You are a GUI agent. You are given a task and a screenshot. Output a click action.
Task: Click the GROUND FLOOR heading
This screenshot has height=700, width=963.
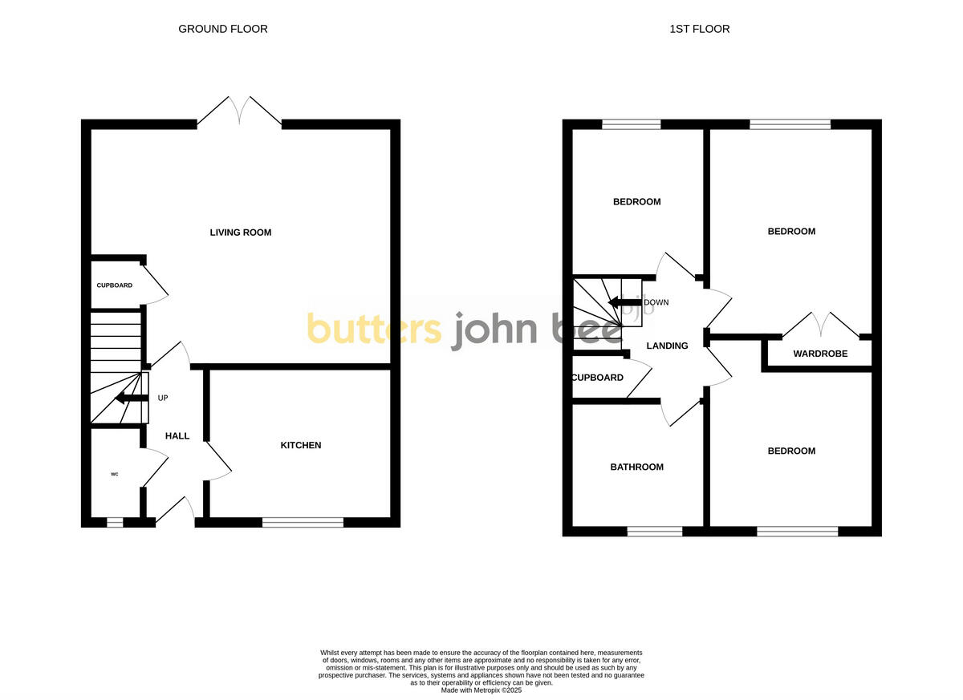(223, 29)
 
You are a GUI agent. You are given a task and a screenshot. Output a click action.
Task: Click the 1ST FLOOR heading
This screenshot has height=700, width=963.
(700, 29)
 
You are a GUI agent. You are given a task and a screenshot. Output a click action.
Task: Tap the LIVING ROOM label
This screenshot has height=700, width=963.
(241, 233)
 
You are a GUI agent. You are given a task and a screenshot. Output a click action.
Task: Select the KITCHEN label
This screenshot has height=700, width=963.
(301, 445)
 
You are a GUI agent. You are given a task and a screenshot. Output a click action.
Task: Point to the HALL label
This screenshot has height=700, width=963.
(177, 436)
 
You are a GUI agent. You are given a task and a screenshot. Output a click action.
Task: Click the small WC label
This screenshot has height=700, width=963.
(115, 475)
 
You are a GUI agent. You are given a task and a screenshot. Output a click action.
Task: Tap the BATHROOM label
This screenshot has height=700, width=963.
(637, 467)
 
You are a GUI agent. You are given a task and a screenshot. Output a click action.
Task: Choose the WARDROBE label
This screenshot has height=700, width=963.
(820, 354)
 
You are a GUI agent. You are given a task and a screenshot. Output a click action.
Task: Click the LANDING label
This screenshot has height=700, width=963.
(668, 346)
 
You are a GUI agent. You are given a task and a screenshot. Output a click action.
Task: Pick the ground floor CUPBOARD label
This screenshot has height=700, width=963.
(115, 285)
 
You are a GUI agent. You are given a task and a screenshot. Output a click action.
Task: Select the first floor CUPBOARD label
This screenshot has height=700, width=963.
(598, 378)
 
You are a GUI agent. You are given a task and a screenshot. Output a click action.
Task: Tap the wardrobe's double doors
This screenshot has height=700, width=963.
(820, 325)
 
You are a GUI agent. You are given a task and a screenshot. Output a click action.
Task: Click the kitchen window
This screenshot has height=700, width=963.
(303, 523)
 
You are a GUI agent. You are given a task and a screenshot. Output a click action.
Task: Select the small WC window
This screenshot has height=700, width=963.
(115, 523)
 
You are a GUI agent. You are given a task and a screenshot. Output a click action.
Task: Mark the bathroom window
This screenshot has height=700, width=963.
(655, 531)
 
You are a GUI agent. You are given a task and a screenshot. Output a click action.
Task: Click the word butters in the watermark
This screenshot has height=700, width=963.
(374, 330)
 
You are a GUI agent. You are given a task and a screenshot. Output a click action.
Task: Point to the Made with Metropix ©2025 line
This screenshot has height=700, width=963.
(481, 690)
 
